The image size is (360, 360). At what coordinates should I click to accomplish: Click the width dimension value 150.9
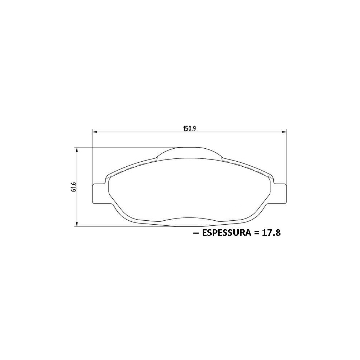189,129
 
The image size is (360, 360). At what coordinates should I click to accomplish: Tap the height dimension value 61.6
73,187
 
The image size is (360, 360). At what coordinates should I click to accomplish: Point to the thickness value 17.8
271,233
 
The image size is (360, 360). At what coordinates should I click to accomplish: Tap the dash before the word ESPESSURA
196,233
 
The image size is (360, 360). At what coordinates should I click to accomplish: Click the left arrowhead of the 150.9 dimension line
95,132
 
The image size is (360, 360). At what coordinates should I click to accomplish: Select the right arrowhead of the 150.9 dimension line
284,132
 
